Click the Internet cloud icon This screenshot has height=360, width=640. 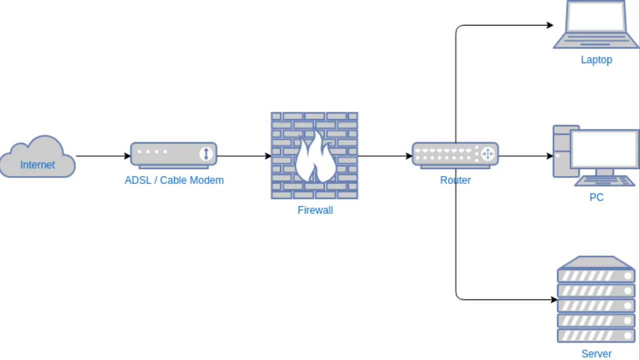(37, 157)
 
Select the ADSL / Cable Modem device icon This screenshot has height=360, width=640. (173, 154)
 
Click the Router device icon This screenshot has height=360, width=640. (454, 154)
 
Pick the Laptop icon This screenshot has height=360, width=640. (596, 25)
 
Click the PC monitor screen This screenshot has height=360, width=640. (604, 148)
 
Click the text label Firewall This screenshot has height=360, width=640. (315, 210)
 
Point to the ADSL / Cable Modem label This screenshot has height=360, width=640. (174, 180)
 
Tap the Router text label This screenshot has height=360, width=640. (455, 180)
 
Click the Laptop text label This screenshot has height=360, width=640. (596, 59)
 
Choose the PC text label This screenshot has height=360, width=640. (596, 197)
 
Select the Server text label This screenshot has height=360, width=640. (596, 353)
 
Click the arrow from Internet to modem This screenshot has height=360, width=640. (102, 156)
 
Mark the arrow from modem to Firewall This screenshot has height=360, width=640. (244, 156)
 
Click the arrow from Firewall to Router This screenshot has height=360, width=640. (385, 156)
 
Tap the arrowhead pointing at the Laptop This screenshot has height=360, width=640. (550, 25)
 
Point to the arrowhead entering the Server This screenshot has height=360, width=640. (554, 300)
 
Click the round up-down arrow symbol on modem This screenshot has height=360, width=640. (206, 153)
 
